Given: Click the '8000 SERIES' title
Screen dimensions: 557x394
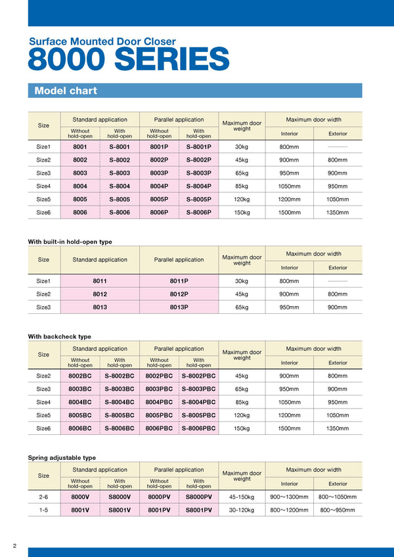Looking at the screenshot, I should pos(129,59).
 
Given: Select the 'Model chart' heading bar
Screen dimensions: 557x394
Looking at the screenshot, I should pos(194,91).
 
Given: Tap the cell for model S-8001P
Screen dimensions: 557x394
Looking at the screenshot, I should pos(198,147).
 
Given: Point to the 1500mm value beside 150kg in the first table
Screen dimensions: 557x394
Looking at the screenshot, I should pos(289,212).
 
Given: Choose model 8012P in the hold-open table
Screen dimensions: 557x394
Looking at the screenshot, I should pos(179,294).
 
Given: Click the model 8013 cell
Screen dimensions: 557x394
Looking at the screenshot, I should pos(100,307).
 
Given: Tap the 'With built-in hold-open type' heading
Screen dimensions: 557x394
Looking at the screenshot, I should pos(70,242).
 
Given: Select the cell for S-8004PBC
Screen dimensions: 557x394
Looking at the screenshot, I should pos(198,402).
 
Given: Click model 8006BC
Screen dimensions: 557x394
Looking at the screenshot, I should pos(80,428).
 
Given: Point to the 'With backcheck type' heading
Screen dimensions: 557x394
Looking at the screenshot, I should pos(59,336).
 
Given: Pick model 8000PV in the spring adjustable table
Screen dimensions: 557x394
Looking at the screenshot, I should pos(159,497).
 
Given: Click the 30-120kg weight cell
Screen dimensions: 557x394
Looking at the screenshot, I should pos(242,510).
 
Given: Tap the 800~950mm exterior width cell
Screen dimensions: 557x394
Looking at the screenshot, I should pos(338,510).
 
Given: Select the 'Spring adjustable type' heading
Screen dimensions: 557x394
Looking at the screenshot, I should pos(62,457).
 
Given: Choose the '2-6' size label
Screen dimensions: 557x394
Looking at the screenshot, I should pos(43,497).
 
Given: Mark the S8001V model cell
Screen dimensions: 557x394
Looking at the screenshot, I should pos(120,510).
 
